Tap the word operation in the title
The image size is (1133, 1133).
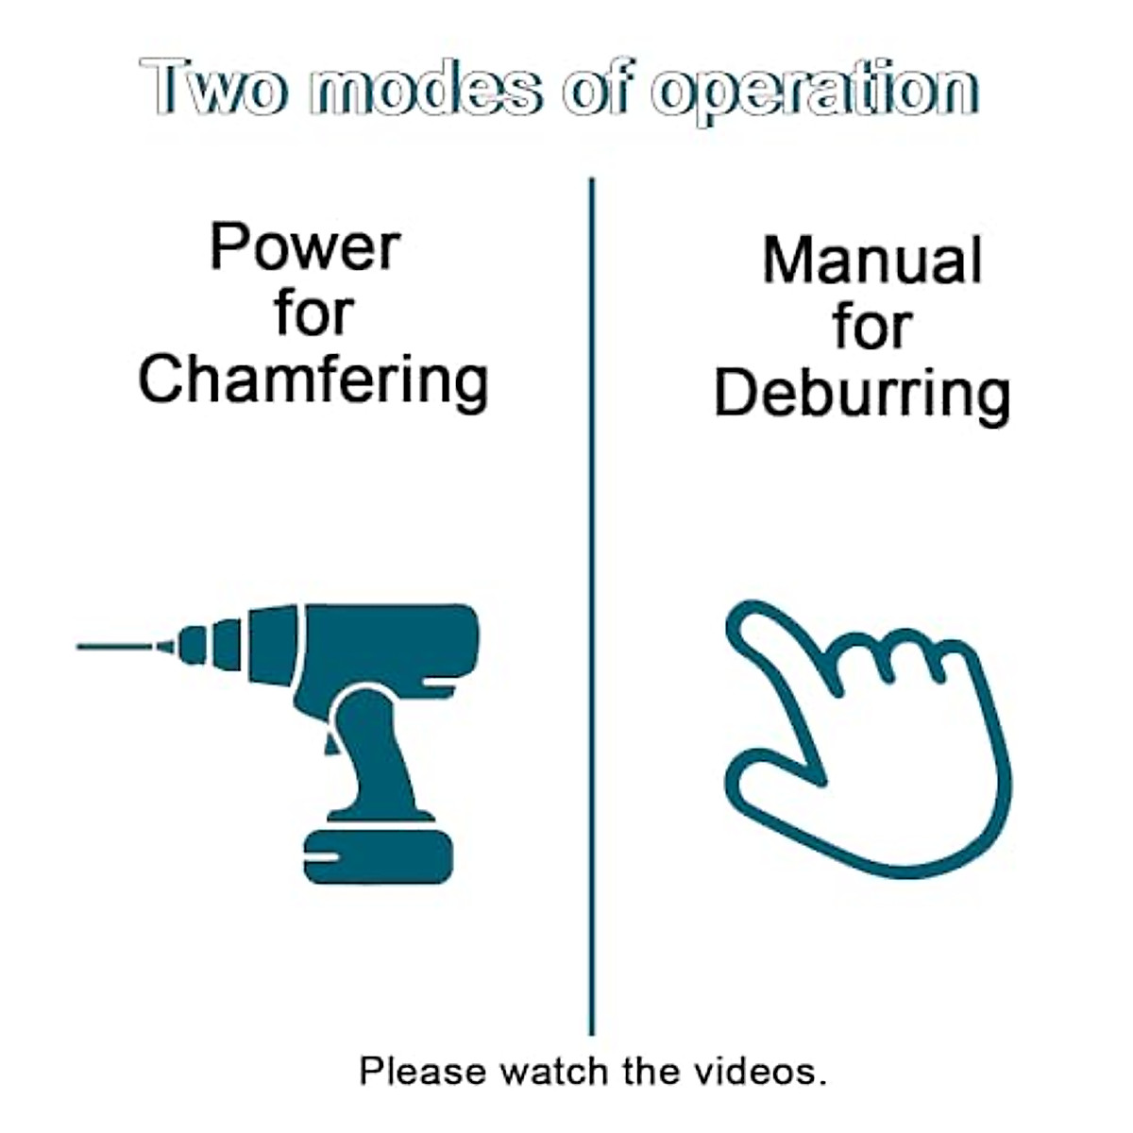[x=816, y=91]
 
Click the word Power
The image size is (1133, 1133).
[x=305, y=247]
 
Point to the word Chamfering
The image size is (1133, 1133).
[x=313, y=380]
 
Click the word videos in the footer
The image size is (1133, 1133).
[x=760, y=1071]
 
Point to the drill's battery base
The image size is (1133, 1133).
[x=378, y=855]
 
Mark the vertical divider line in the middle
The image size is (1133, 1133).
[x=592, y=604]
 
